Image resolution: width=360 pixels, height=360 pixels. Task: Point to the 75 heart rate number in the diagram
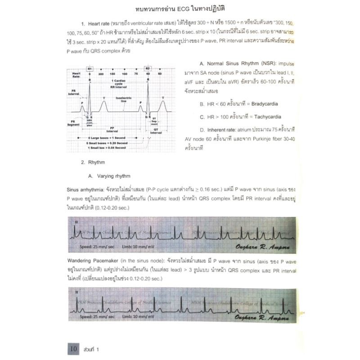[x=136, y=73]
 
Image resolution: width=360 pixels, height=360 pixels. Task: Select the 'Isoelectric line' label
[x=123, y=99]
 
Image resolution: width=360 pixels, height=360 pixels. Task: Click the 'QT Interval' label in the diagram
[x=156, y=131]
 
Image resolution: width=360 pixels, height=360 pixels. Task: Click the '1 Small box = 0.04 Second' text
[x=108, y=147]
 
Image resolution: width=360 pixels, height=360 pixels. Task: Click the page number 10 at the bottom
[x=73, y=348]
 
